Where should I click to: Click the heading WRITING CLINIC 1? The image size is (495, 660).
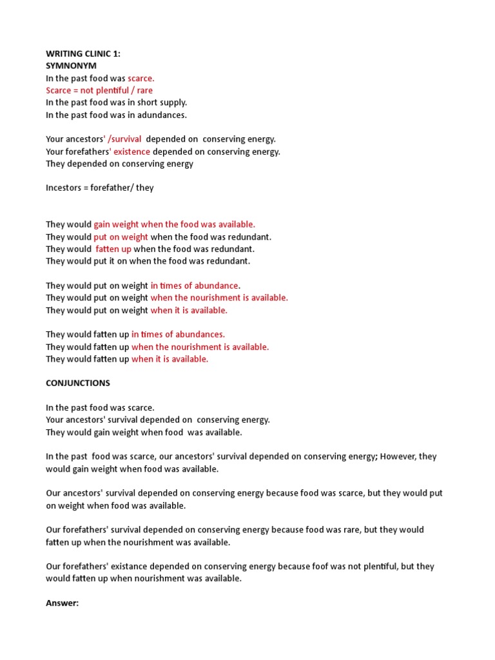click(x=83, y=53)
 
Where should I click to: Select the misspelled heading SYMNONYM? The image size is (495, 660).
click(x=71, y=66)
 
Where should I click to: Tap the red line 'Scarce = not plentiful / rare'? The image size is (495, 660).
click(x=99, y=90)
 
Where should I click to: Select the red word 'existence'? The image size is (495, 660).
click(x=131, y=151)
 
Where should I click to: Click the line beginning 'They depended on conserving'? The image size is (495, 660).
click(x=119, y=164)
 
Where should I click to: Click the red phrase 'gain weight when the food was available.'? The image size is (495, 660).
click(x=175, y=224)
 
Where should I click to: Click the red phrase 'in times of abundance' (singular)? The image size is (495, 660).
click(x=194, y=286)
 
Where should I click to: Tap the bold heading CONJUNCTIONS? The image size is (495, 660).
click(x=78, y=383)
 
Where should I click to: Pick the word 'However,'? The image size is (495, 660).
click(x=399, y=456)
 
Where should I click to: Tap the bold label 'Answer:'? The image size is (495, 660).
click(x=62, y=603)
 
